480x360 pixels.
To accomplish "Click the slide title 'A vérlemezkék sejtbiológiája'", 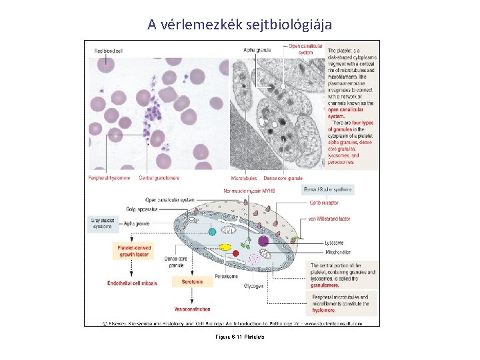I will (x=239, y=25).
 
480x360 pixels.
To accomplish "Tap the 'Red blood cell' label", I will (x=108, y=51).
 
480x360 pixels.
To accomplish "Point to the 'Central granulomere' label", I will (x=159, y=178).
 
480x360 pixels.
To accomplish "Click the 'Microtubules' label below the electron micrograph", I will (x=244, y=178).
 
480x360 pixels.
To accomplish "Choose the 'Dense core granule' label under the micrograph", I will (x=283, y=178).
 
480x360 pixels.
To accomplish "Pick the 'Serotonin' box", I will (x=192, y=282).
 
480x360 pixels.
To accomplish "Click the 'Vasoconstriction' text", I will (x=192, y=309).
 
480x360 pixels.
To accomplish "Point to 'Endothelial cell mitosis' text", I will (x=132, y=283).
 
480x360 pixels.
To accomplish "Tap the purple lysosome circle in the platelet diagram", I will (x=263, y=241).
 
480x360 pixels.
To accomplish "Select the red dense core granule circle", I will (x=235, y=254).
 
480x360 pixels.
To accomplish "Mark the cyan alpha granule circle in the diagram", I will (x=213, y=231).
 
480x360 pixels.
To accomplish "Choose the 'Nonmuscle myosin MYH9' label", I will (x=251, y=190).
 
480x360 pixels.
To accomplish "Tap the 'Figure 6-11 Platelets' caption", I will (x=240, y=337).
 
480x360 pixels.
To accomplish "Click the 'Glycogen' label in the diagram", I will (x=253, y=285).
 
